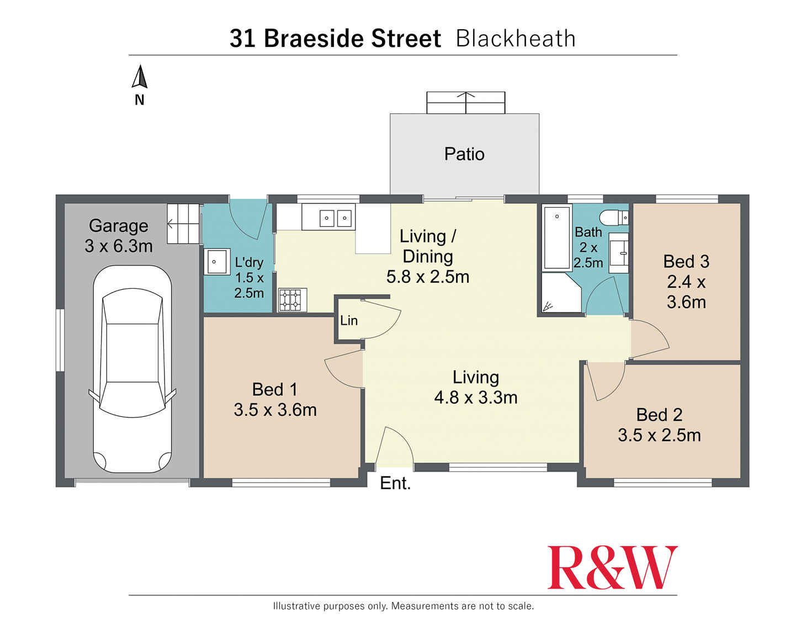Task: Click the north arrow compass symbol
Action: pos(140,78)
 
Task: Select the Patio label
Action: pos(464,154)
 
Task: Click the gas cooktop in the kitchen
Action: pos(292,300)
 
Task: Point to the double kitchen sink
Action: pos(336,218)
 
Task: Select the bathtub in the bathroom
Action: pos(556,237)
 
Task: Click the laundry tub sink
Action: pos(218,262)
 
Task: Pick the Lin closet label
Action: pos(349,321)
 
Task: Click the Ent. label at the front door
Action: pos(395,483)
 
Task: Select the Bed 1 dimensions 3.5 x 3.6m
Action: pos(275,410)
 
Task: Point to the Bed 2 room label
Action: pos(659,415)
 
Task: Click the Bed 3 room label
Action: pos(686,261)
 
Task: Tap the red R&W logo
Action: pos(612,568)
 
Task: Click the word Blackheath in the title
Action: pos(516,39)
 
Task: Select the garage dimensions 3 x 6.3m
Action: pos(119,246)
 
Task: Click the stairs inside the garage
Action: pos(183,224)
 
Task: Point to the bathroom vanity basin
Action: pos(619,253)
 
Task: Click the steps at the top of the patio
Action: pos(466,103)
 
